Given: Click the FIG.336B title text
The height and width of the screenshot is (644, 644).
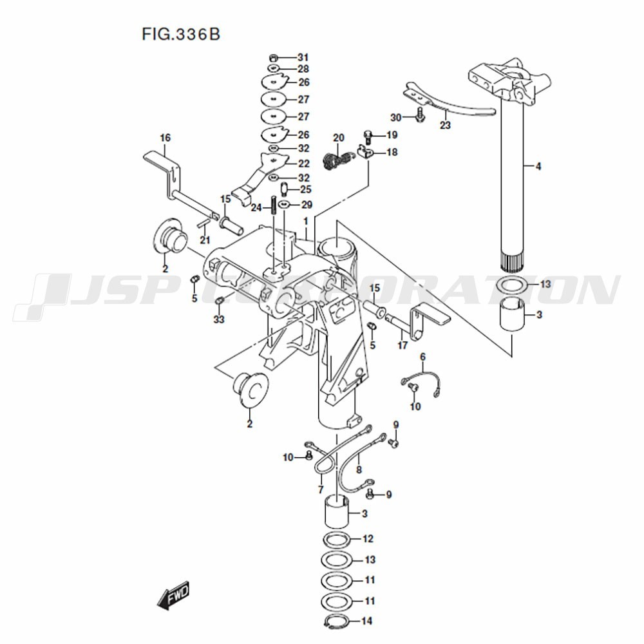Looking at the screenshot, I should tap(180, 33).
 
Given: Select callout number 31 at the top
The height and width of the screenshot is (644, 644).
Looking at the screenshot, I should tap(303, 57).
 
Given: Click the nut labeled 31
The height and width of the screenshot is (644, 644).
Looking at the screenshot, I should tap(273, 57).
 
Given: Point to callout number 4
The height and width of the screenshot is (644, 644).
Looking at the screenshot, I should tap(538, 167).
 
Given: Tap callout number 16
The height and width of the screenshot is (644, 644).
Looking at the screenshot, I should tap(165, 137).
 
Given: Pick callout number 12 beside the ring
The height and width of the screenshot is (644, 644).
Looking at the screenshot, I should tap(368, 538).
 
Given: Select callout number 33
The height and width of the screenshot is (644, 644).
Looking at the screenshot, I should tap(220, 319).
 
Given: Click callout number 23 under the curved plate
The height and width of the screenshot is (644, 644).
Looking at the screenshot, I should tap(445, 126).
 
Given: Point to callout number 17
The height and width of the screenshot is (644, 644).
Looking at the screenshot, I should tap(403, 345).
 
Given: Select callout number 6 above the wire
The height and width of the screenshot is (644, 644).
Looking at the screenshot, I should tap(422, 357).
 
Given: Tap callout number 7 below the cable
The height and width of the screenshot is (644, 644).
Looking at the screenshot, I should tap(320, 490).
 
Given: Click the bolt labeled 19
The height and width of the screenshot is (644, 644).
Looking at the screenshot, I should tap(368, 136).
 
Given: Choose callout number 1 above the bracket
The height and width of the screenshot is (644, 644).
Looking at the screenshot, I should tap(307, 220).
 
